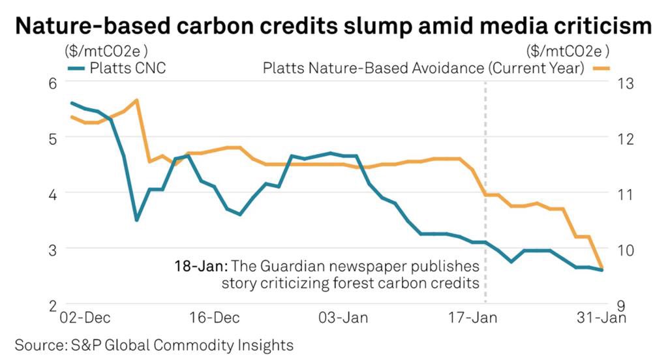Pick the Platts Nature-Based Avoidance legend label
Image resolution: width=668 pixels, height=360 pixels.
pos(423,68)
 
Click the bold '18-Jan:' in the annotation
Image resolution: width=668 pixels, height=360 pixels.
pos(199,267)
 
